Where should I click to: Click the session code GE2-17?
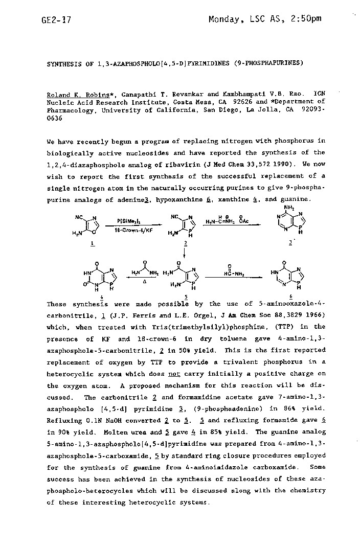click(56, 20)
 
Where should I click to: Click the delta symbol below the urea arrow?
click(145, 282)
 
